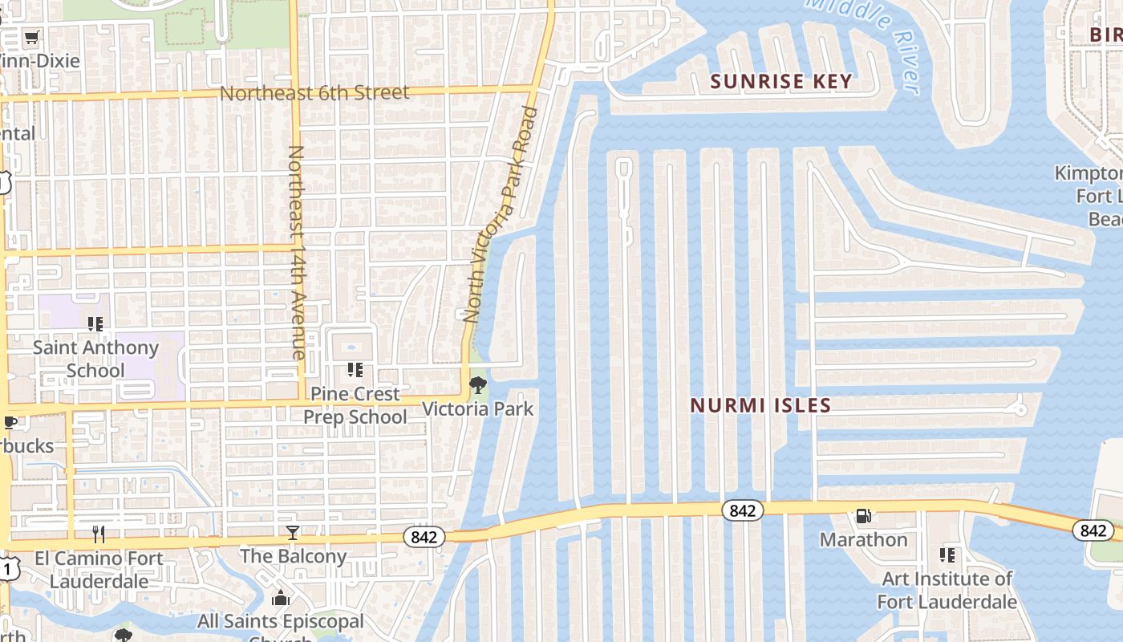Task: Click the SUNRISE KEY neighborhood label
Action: [781, 81]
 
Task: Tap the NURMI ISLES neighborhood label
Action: [760, 405]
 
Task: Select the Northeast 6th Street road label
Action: [314, 93]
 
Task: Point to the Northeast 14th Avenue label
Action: [296, 252]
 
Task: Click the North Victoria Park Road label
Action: [500, 214]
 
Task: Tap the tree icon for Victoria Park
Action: [478, 385]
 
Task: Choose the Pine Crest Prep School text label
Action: [355, 405]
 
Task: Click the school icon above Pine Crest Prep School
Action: [355, 370]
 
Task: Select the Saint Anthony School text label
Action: [95, 359]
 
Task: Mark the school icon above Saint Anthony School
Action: [95, 324]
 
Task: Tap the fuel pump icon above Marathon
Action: [863, 516]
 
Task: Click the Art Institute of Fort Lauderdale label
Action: [947, 590]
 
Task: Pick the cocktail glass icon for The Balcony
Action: [293, 533]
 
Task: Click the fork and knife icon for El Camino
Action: [99, 534]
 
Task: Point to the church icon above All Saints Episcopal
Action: [281, 599]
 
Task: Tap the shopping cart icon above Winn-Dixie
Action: [31, 38]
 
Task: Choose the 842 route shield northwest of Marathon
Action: [742, 510]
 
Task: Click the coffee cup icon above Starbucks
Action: [10, 423]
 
